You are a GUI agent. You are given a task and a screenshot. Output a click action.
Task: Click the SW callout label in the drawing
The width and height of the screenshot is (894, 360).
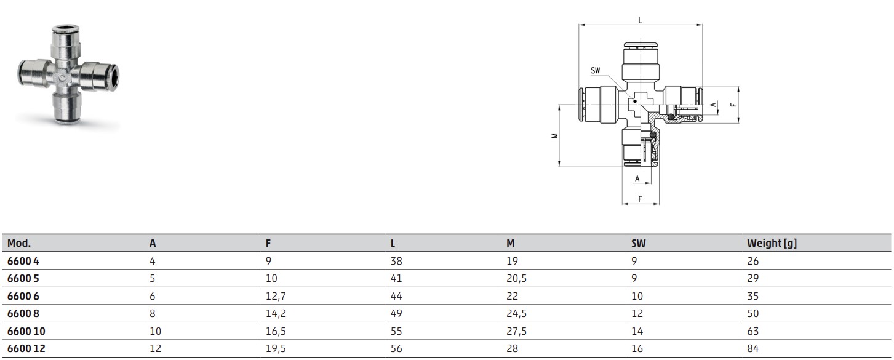pyautogui.click(x=595, y=71)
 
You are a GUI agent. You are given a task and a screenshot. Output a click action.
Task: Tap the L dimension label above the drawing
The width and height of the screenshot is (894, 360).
pyautogui.click(x=640, y=20)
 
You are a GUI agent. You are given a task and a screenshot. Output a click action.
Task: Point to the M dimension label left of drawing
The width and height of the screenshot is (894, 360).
pyautogui.click(x=554, y=135)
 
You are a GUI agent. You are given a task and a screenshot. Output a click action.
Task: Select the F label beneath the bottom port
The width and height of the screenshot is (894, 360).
pyautogui.click(x=640, y=199)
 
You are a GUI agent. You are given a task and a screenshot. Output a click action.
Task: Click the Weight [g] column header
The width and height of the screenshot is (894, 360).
pyautogui.click(x=772, y=243)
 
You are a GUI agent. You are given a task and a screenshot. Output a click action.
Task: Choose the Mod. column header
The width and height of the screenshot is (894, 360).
pyautogui.click(x=18, y=243)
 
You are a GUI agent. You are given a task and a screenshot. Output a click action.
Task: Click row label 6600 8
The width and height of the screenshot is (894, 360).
pyautogui.click(x=23, y=313)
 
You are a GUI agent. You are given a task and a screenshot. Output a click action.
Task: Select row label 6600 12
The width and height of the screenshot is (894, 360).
pyautogui.click(x=26, y=348)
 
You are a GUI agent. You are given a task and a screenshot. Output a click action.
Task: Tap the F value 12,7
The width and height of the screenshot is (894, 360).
pyautogui.click(x=276, y=296)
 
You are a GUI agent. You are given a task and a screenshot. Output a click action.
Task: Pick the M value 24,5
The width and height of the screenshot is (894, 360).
pyautogui.click(x=516, y=314)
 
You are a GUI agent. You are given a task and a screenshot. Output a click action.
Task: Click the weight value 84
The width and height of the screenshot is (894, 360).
pyautogui.click(x=752, y=348)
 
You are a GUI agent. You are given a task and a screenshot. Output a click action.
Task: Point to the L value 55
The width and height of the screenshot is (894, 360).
pyautogui.click(x=396, y=331)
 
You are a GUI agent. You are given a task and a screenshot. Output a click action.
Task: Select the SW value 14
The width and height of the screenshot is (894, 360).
pyautogui.click(x=637, y=331)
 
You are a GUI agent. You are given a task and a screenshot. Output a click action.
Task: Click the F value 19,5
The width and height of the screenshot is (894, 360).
pyautogui.click(x=276, y=349)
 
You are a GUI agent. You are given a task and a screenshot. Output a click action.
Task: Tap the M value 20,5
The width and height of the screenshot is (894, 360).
pyautogui.click(x=516, y=279)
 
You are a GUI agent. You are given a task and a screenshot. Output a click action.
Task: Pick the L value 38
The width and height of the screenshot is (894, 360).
pyautogui.click(x=396, y=261)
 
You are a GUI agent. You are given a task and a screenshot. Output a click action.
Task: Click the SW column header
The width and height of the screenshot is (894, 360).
pyautogui.click(x=638, y=243)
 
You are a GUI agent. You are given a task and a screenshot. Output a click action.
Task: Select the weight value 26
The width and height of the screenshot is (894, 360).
pyautogui.click(x=752, y=261)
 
